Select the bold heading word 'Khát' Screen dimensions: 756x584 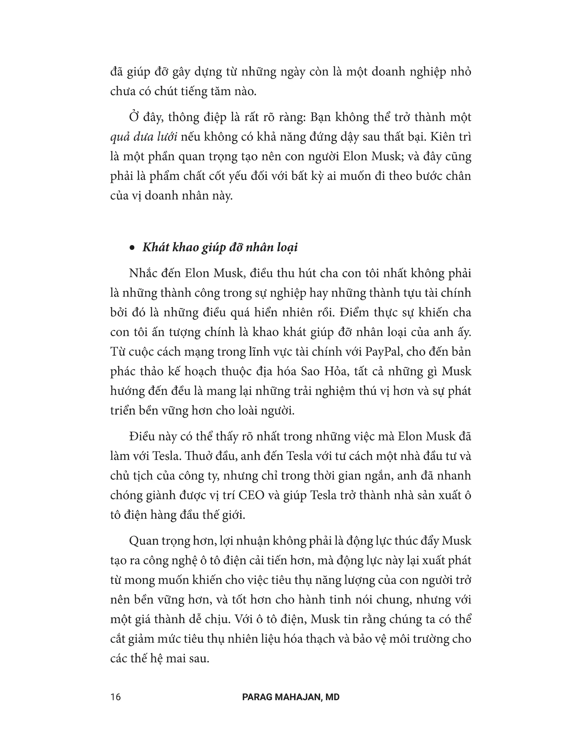point(154,248)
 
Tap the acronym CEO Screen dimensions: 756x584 point(251,495)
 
